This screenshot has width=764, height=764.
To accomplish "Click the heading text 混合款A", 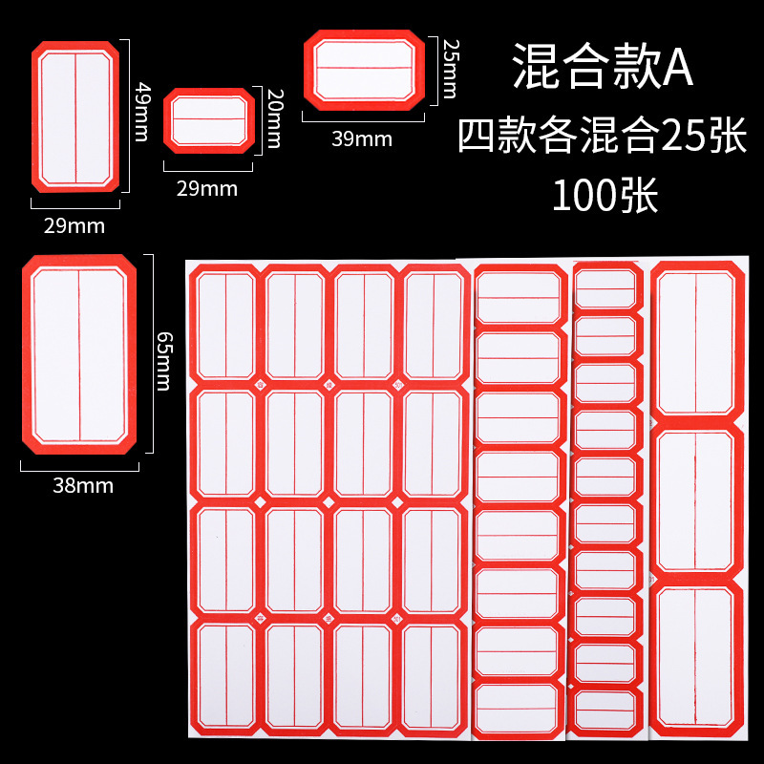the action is coord(603,66).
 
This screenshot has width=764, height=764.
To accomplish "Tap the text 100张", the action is coord(603,196).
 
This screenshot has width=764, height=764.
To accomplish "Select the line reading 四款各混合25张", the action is coord(603,135).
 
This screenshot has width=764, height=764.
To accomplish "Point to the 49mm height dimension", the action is coord(142,112).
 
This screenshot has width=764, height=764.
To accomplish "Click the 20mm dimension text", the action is coord(274,118).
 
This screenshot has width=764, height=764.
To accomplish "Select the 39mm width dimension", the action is coord(362,138).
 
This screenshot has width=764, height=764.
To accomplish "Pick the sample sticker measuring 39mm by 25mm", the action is coord(363,70).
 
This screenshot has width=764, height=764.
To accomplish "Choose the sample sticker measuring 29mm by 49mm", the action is coord(75,116).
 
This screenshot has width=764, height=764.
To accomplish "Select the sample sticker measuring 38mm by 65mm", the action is coord(79,354).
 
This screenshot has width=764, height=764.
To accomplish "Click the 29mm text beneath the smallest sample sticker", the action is coord(207,188).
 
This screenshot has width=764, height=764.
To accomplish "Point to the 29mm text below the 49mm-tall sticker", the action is coord(75,226).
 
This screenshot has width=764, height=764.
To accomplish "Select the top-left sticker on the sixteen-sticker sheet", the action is coord(226,325).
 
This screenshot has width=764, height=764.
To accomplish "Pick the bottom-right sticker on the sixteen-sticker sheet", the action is coord(433,673).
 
